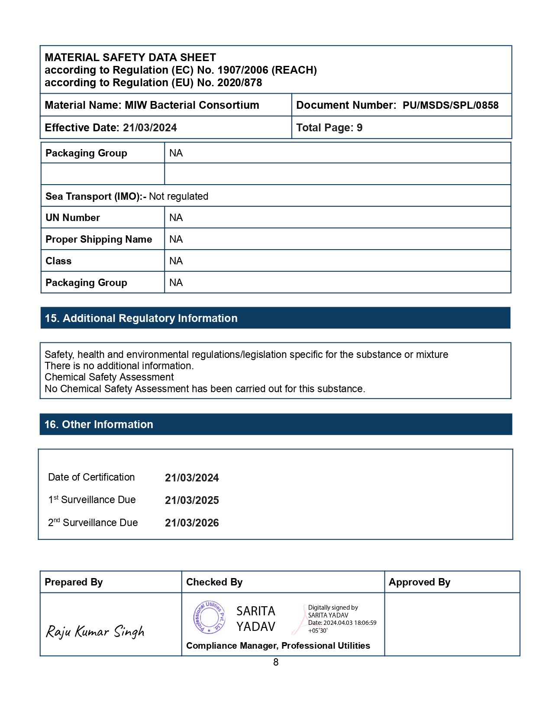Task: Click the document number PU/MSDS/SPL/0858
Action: coord(450,105)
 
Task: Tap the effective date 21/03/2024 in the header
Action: coord(150,128)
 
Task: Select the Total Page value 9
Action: coord(359,128)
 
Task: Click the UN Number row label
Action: coord(73,218)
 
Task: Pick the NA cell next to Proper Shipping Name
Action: coord(176,239)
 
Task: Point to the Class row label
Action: coord(58,261)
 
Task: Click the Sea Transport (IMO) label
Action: coord(96,196)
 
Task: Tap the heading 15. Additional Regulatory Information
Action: coord(141,318)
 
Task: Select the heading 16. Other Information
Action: coord(99,424)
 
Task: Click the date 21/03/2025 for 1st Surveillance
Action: coord(192,500)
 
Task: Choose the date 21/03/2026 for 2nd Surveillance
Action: coord(192,523)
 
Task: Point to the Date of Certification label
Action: coord(91,477)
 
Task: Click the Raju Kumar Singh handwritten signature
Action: coord(95,631)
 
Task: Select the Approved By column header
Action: coord(419,582)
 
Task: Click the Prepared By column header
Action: coord(74,582)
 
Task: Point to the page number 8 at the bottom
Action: coord(276,662)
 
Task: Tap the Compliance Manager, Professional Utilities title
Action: coord(278,646)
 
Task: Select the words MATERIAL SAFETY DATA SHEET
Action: coord(130,58)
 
